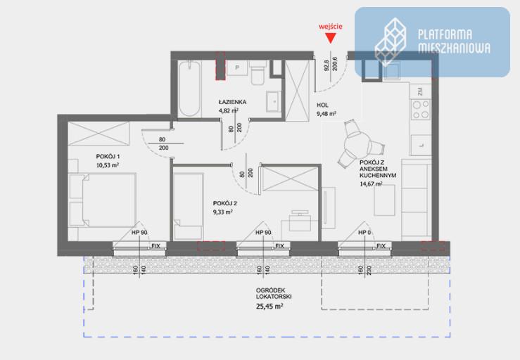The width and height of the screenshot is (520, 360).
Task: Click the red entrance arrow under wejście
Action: tap(330, 38)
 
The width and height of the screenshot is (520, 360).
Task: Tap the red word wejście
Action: tap(330, 27)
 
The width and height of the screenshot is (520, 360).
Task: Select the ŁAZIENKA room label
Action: tap(232, 102)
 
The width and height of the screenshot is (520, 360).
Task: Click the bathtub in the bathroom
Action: tap(190, 89)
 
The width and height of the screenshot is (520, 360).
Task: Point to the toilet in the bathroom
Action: tap(258, 72)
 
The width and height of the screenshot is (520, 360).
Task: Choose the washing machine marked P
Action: tap(237, 67)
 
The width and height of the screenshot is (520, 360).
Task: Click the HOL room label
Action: tap(322, 105)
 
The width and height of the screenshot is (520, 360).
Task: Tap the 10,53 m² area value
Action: tap(108, 165)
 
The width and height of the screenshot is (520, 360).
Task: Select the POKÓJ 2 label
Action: tap(225, 203)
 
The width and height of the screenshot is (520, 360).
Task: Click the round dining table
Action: tap(357, 145)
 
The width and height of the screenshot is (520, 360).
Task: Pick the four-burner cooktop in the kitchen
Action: tap(421, 110)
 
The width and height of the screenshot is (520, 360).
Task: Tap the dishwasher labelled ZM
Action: tap(420, 91)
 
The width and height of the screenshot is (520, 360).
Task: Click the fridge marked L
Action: tap(421, 145)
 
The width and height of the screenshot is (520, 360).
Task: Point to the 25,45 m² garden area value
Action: tap(269, 307)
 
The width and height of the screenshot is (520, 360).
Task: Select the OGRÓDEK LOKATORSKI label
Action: tap(274, 294)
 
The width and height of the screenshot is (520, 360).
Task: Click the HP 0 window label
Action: tap(364, 233)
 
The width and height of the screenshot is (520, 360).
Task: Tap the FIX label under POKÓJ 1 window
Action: tap(156, 246)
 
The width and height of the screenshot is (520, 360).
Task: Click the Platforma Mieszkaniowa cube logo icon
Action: tap(391, 41)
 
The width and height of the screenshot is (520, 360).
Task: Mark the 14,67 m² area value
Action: tap(371, 184)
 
